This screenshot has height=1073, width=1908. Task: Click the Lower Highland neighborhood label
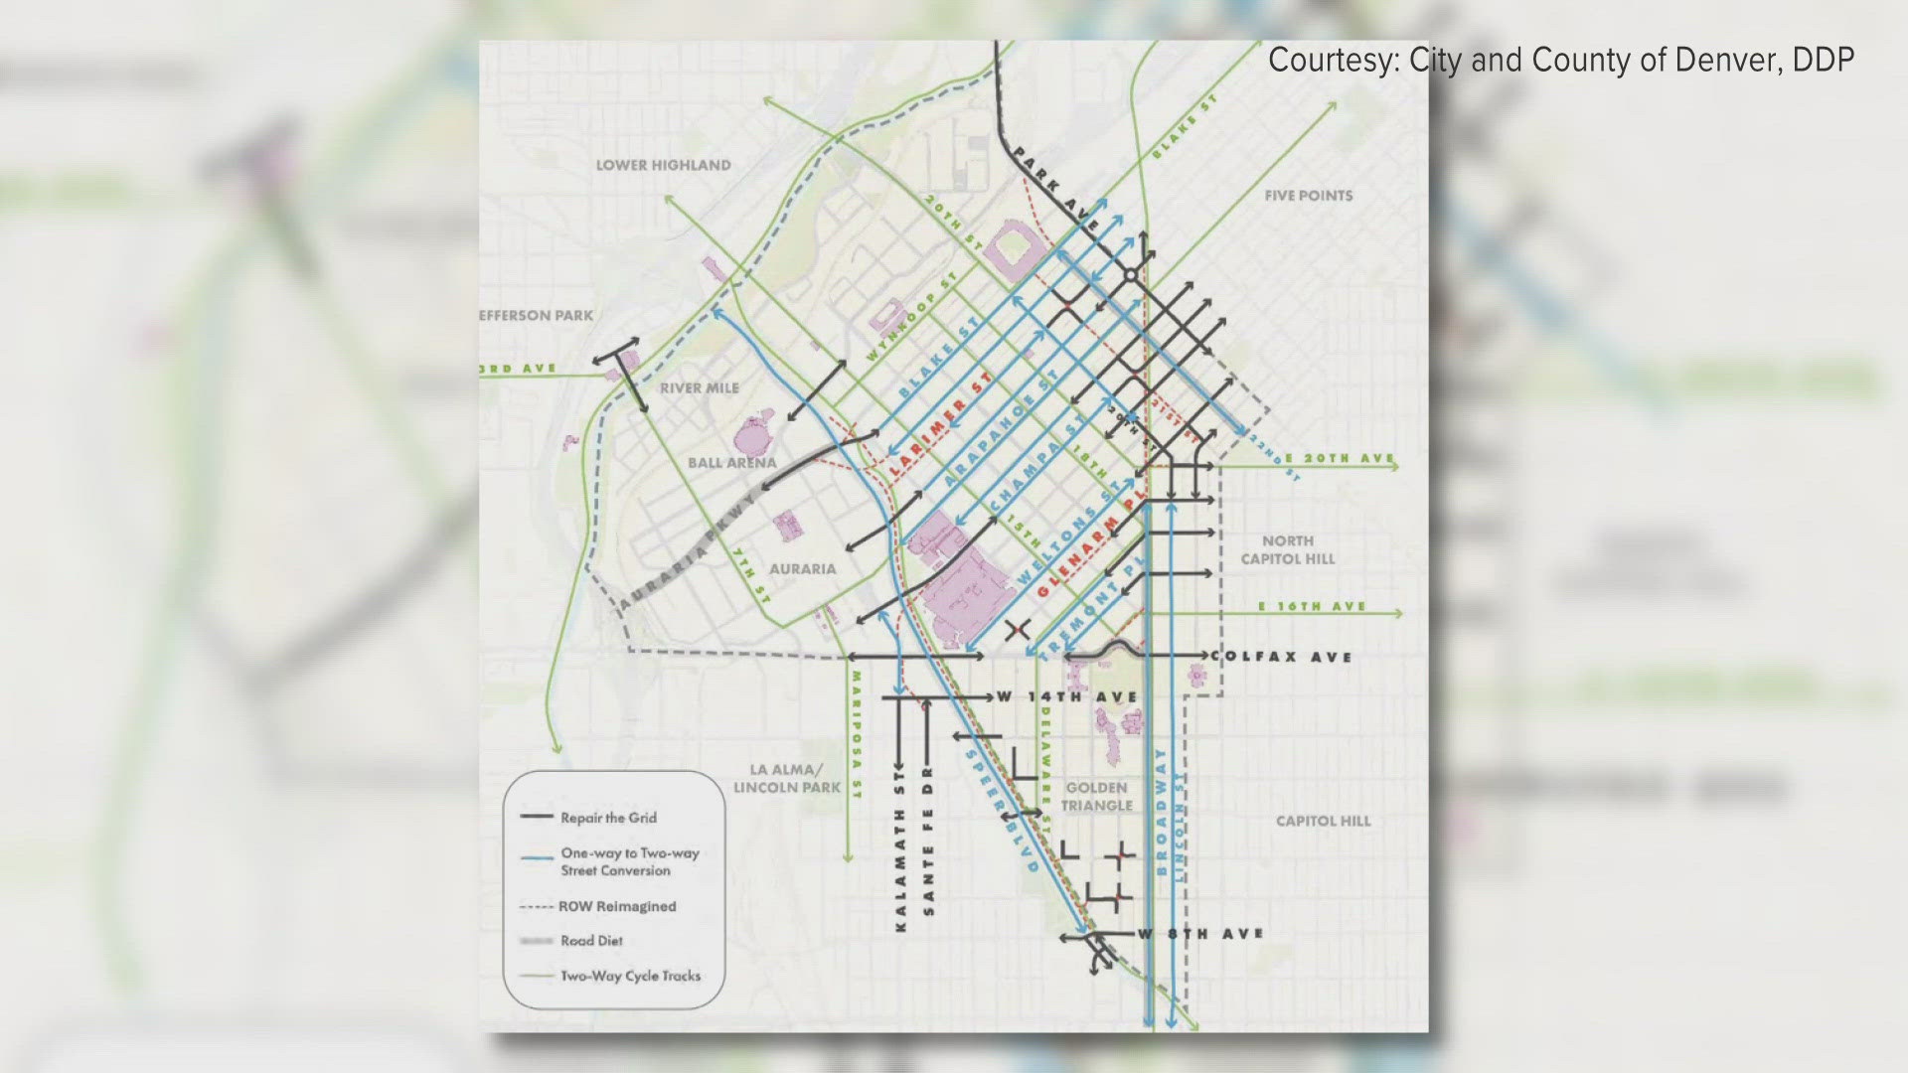(663, 165)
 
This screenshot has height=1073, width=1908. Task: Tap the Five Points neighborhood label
(1308, 196)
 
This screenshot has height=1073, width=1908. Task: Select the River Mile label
(700, 387)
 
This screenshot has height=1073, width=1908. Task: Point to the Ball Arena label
(731, 463)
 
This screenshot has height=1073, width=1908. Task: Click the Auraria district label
(802, 569)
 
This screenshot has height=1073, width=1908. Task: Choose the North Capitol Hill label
(1287, 549)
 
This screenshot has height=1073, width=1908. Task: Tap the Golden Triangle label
(1097, 796)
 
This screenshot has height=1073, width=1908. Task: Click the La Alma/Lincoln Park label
(787, 779)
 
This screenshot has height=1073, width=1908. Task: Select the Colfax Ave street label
(1282, 657)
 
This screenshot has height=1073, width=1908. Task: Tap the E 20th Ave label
(1341, 458)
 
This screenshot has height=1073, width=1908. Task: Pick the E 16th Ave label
(1312, 606)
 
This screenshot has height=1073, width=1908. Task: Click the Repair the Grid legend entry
(608, 818)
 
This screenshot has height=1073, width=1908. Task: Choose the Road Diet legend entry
(591, 941)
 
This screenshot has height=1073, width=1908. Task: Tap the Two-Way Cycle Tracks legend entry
(630, 976)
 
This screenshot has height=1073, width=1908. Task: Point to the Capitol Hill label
(1323, 821)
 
